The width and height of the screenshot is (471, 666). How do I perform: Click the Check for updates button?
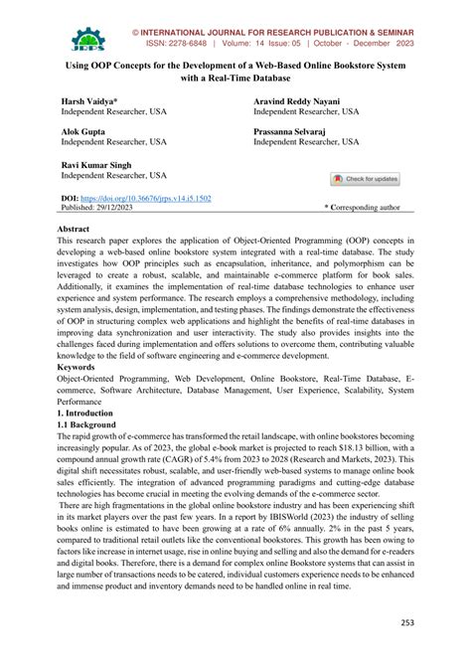click(365, 179)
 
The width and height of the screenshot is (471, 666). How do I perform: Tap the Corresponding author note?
click(364, 208)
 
